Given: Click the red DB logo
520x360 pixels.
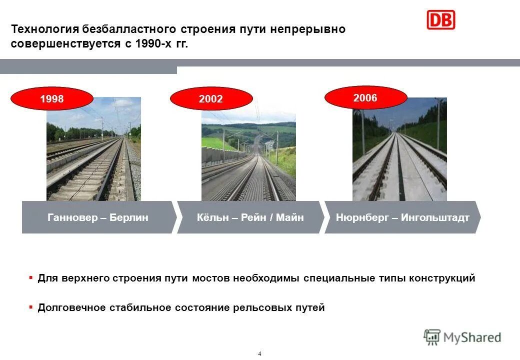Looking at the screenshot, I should click(x=440, y=19).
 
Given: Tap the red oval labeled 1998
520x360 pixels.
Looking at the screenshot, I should click(x=52, y=99).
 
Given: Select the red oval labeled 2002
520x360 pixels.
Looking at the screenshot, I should click(x=210, y=99).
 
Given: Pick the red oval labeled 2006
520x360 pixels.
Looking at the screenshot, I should click(x=365, y=98).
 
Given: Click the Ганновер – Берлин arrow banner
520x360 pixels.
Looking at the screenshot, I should click(x=98, y=217).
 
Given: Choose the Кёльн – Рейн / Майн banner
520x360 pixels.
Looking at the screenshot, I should click(x=249, y=217).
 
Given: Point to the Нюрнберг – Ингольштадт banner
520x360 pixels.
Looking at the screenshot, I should click(x=402, y=217).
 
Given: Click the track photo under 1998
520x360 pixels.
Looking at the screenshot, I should click(x=93, y=155).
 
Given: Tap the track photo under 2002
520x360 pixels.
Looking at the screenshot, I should click(x=248, y=160).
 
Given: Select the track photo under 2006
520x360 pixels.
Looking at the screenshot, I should click(x=399, y=155).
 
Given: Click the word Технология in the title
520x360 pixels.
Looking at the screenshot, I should click(x=39, y=29).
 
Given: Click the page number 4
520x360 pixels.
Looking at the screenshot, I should click(x=259, y=354).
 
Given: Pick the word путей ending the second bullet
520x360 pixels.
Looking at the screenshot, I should click(x=310, y=307).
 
